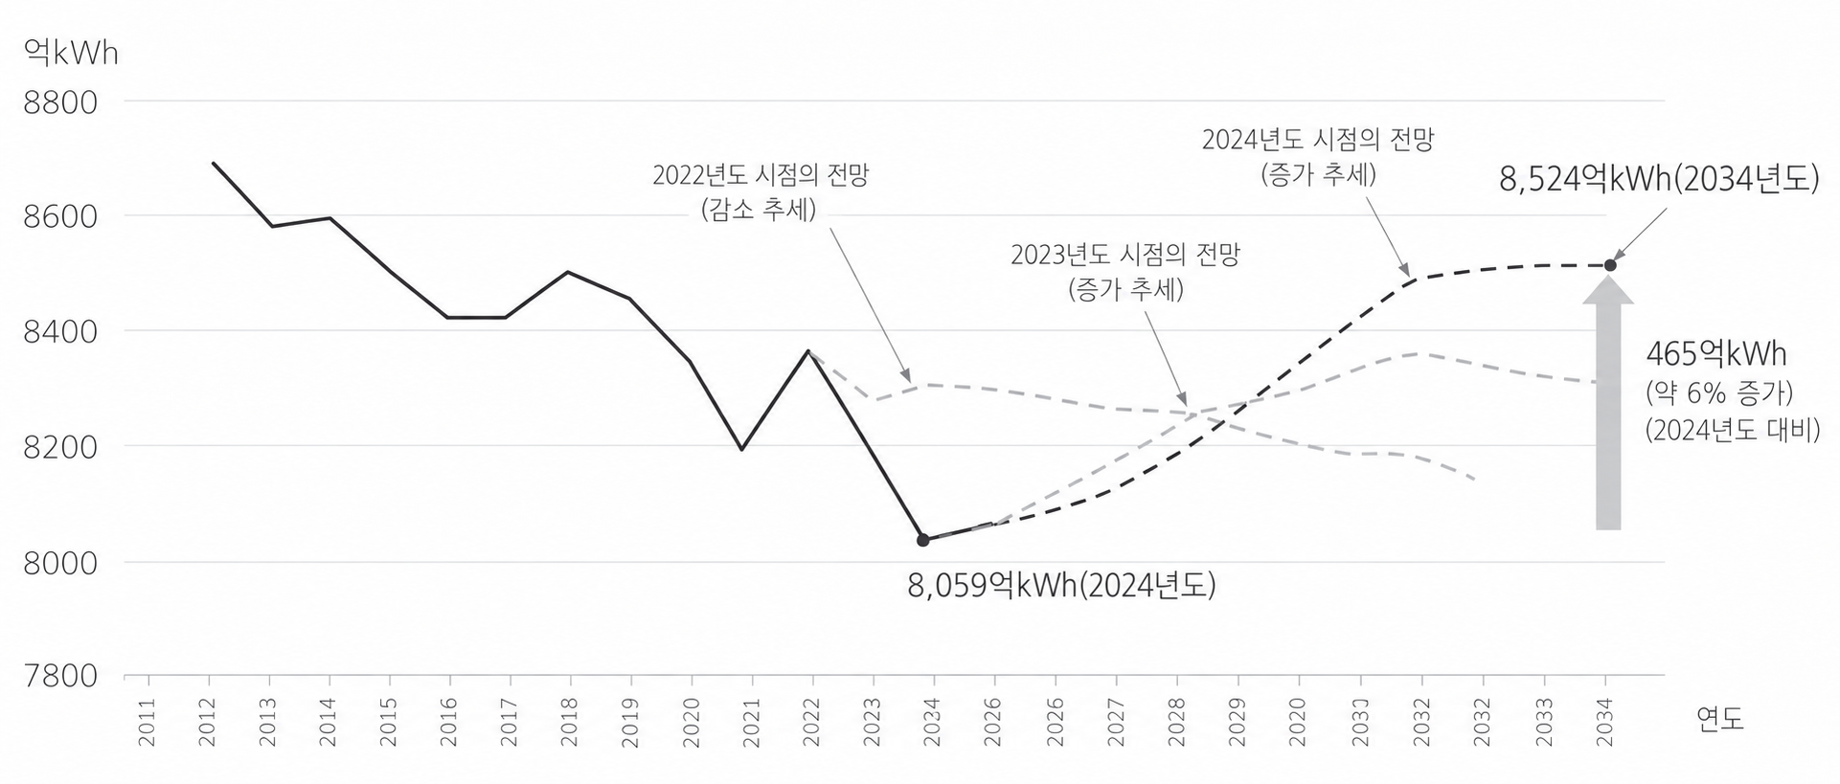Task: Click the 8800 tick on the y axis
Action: click(60, 102)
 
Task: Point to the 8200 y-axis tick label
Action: click(60, 447)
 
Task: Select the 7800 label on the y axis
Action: click(60, 676)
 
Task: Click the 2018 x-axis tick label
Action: click(570, 723)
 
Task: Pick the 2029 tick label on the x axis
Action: click(1238, 723)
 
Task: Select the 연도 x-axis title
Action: click(1720, 718)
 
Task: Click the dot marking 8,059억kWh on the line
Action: click(923, 540)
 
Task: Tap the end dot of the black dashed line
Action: click(1610, 265)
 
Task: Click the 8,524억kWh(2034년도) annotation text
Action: click(1659, 180)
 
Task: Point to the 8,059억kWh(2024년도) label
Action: click(1061, 585)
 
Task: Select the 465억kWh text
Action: click(1716, 354)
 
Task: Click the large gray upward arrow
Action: click(1608, 412)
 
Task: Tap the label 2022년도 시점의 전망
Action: click(761, 176)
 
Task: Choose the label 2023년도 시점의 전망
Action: click(1125, 255)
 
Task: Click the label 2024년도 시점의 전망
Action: click(1318, 140)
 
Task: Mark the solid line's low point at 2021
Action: click(742, 449)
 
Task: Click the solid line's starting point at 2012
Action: click(213, 163)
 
